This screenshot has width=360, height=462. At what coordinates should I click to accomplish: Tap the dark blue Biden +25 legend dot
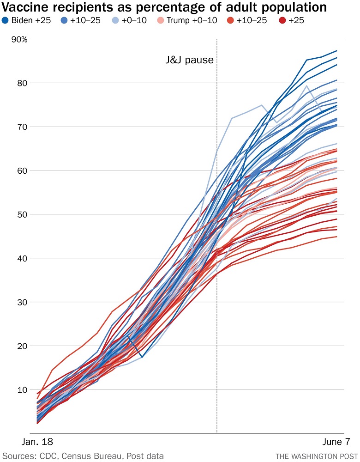click(6, 20)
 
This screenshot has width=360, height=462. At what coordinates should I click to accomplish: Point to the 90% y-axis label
click(20, 39)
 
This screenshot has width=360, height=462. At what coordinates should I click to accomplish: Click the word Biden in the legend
click(22, 20)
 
